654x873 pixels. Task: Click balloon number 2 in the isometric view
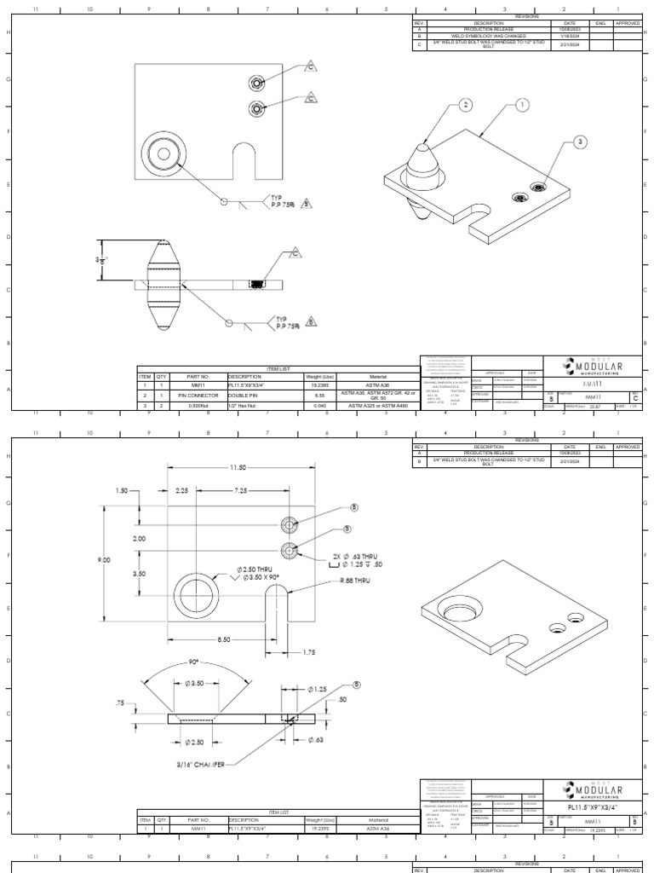(x=465, y=105)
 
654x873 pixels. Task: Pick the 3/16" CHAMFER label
(x=201, y=763)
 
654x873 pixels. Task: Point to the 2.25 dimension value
(x=182, y=492)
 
